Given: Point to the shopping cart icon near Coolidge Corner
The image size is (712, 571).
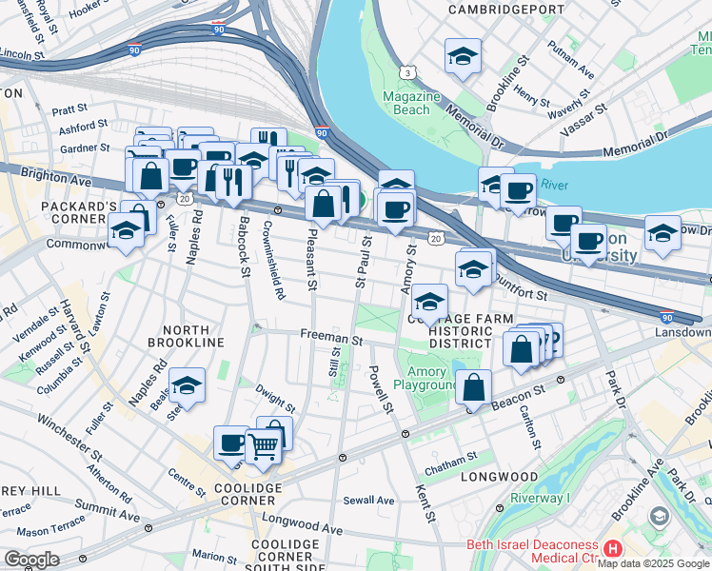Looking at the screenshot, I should point(264,444).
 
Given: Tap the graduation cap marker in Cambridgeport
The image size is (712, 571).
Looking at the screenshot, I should point(463,57).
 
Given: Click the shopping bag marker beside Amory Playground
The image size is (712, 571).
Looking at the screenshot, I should point(473,387).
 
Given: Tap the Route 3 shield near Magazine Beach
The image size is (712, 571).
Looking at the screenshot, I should point(407,73).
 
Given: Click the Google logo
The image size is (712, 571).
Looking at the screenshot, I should point(31,560).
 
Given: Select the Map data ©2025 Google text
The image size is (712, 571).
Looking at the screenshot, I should point(653,563).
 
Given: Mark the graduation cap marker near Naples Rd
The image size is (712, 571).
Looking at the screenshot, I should point(188,385).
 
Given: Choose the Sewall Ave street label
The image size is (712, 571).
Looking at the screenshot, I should point(368,500).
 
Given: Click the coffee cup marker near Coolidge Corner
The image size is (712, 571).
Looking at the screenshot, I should point(231,443).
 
